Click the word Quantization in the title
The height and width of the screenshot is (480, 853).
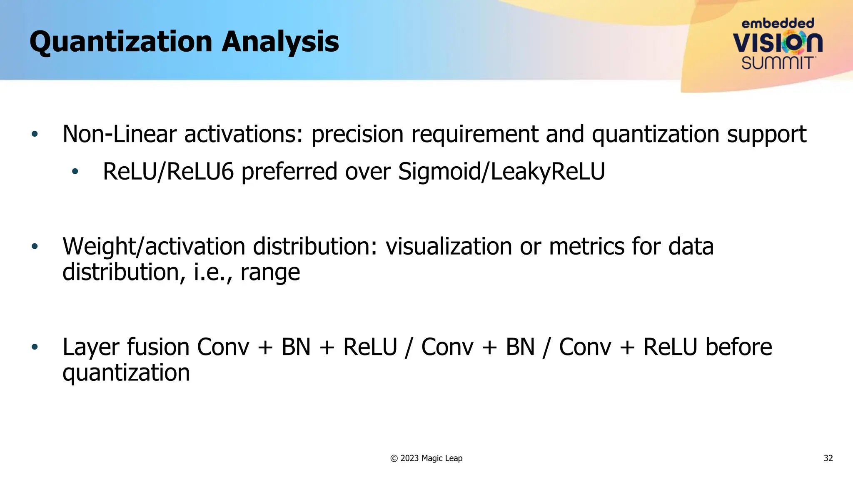121,42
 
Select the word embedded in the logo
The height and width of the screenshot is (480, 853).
778,23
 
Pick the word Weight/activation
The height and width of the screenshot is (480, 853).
153,247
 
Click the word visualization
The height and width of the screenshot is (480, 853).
449,247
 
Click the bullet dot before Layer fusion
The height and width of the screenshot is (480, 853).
35,347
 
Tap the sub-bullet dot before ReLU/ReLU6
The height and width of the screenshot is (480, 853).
75,172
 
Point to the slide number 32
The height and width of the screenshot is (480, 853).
828,458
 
